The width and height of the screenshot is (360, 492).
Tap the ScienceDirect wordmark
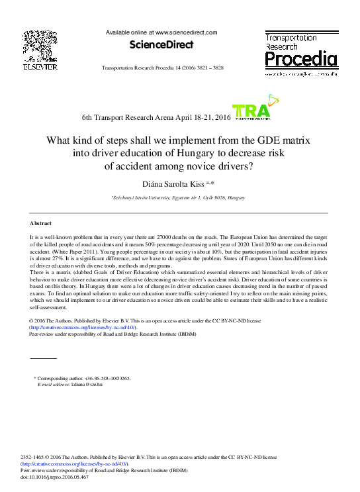coord(161,45)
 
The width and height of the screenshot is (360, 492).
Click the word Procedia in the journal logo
coord(301,60)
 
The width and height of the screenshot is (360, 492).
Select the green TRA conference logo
coord(251,113)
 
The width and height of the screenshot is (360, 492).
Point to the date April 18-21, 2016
coord(199,117)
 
